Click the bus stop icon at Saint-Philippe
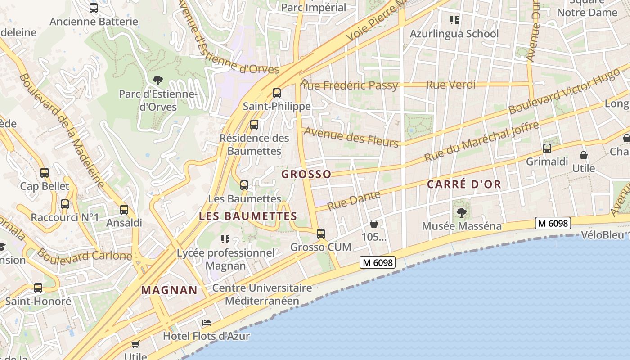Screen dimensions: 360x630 point(276,93)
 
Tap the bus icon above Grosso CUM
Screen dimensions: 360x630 point(321,234)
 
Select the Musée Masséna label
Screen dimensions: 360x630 point(461,226)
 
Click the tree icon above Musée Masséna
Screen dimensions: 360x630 point(461,212)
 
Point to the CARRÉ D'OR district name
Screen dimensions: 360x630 point(464,184)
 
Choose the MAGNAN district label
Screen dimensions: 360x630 point(170,290)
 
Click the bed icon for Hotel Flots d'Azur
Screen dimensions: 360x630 point(207,323)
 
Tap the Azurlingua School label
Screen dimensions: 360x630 point(454,34)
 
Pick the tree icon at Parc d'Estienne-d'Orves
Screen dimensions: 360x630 point(157,81)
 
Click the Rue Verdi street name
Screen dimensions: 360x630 point(450,85)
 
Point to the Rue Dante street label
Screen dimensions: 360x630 point(354,201)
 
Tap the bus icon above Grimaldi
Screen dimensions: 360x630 point(547,148)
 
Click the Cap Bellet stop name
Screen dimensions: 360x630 point(45,186)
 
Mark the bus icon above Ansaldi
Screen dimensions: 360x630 point(124,209)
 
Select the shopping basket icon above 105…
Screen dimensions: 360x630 point(374,224)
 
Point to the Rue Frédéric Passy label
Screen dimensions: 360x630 point(350,85)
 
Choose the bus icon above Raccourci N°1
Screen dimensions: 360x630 point(65,204)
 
